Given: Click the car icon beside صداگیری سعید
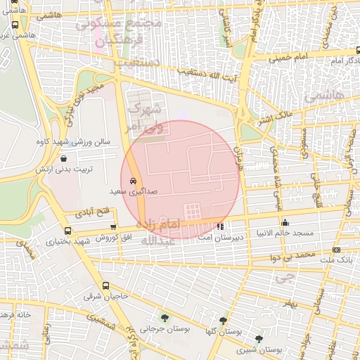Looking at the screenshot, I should [133, 179].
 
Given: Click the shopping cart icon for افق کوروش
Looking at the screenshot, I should [114, 226].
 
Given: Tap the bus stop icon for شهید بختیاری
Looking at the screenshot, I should [67, 231].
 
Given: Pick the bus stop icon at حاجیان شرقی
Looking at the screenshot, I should [105, 286].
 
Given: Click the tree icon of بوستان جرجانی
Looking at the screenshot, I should [165, 317].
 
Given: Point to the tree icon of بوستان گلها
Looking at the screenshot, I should [224, 320].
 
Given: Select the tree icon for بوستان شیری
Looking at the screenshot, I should [259, 339].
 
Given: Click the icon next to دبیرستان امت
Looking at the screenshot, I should [221, 226].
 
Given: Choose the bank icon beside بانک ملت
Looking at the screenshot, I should [335, 250].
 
